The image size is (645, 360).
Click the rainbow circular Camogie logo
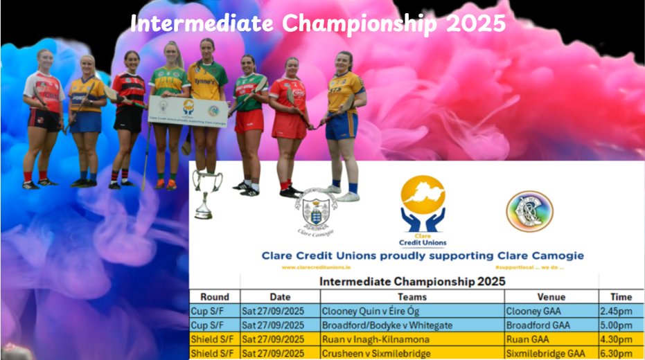click(529, 211)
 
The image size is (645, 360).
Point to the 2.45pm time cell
click(616, 311)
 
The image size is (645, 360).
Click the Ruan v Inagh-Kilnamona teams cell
click(375, 340)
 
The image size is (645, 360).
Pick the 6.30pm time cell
click(616, 354)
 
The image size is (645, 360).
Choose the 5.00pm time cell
click(616, 325)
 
